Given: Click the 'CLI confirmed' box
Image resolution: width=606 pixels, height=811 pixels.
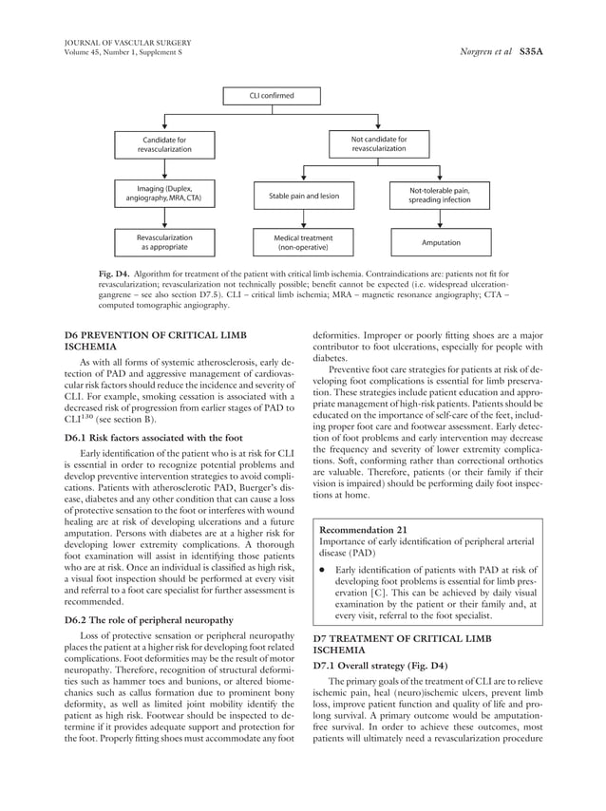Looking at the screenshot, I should (272, 96).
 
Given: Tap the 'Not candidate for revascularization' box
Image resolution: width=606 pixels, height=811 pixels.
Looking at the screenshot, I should (378, 144).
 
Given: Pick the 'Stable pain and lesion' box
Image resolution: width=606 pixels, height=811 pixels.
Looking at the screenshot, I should (304, 198).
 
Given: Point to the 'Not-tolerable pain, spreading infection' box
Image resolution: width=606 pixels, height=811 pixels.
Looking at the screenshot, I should (440, 196).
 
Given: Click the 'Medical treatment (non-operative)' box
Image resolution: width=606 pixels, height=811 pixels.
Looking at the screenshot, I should (304, 242).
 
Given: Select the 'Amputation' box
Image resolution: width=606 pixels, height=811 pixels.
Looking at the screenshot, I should (440, 242).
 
